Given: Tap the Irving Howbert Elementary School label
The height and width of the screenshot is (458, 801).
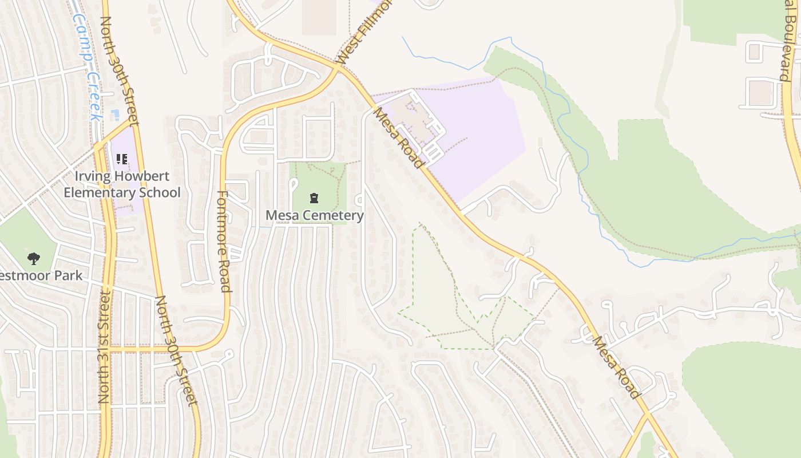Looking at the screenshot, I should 122,184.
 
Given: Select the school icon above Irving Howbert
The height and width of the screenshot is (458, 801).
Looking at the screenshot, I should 122,159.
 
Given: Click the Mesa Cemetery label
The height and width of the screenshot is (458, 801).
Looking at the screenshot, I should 315,215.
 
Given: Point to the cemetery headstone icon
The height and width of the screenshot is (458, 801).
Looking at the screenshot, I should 314,198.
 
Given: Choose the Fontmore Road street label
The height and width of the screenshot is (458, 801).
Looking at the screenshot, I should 224,241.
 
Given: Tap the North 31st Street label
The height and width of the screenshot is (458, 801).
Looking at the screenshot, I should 104,346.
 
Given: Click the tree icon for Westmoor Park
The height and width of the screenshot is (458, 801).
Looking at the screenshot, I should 34,259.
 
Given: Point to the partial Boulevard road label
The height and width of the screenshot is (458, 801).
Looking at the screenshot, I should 792,40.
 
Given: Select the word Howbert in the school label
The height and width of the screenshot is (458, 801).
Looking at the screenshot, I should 153,175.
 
